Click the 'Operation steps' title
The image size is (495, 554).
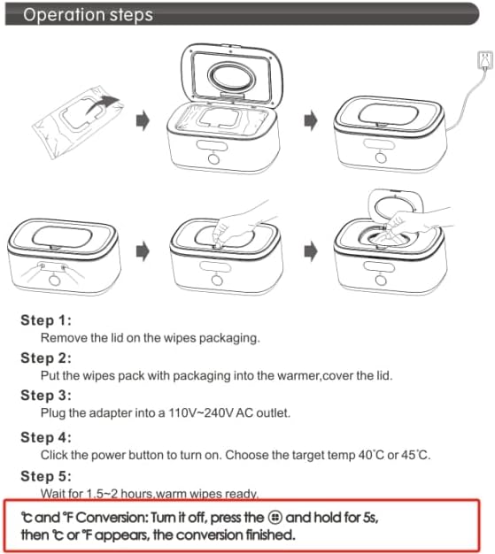click(87, 15)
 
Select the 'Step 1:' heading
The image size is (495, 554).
click(46, 320)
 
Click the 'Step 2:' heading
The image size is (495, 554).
click(46, 358)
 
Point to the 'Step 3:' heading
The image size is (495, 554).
click(46, 396)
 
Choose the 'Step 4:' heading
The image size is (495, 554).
click(46, 436)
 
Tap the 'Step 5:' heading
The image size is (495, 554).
click(46, 474)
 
